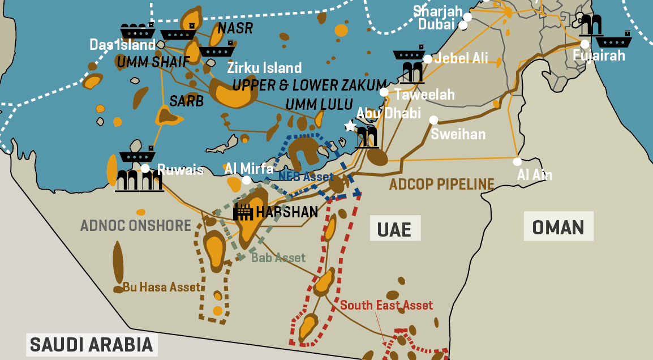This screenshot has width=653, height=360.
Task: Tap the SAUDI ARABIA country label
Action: tap(91, 345)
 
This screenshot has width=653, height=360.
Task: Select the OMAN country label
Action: tap(558, 227)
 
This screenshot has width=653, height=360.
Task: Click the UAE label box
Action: tap(395, 229)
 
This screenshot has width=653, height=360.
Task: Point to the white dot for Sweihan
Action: tap(433, 120)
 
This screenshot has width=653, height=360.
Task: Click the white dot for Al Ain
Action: tap(517, 161)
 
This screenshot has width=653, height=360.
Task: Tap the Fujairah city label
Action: tap(599, 55)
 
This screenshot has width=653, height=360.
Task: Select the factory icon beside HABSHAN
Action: tap(243, 212)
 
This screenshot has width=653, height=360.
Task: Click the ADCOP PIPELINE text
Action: tap(441, 184)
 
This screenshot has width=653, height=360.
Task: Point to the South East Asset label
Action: tap(386, 306)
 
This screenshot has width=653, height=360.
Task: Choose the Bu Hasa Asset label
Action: tap(162, 288)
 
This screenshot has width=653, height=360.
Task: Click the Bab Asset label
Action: tap(278, 258)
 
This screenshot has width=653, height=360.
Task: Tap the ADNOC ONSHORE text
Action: tap(136, 225)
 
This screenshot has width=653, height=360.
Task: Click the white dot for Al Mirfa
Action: tap(246, 180)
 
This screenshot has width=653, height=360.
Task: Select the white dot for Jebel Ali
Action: tap(428, 59)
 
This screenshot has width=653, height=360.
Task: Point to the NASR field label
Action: tap(235, 28)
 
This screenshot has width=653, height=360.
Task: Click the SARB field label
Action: tap(186, 101)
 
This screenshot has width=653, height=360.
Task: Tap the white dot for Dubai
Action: tap(463, 25)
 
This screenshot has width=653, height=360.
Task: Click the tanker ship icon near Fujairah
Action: tap(614, 41)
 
